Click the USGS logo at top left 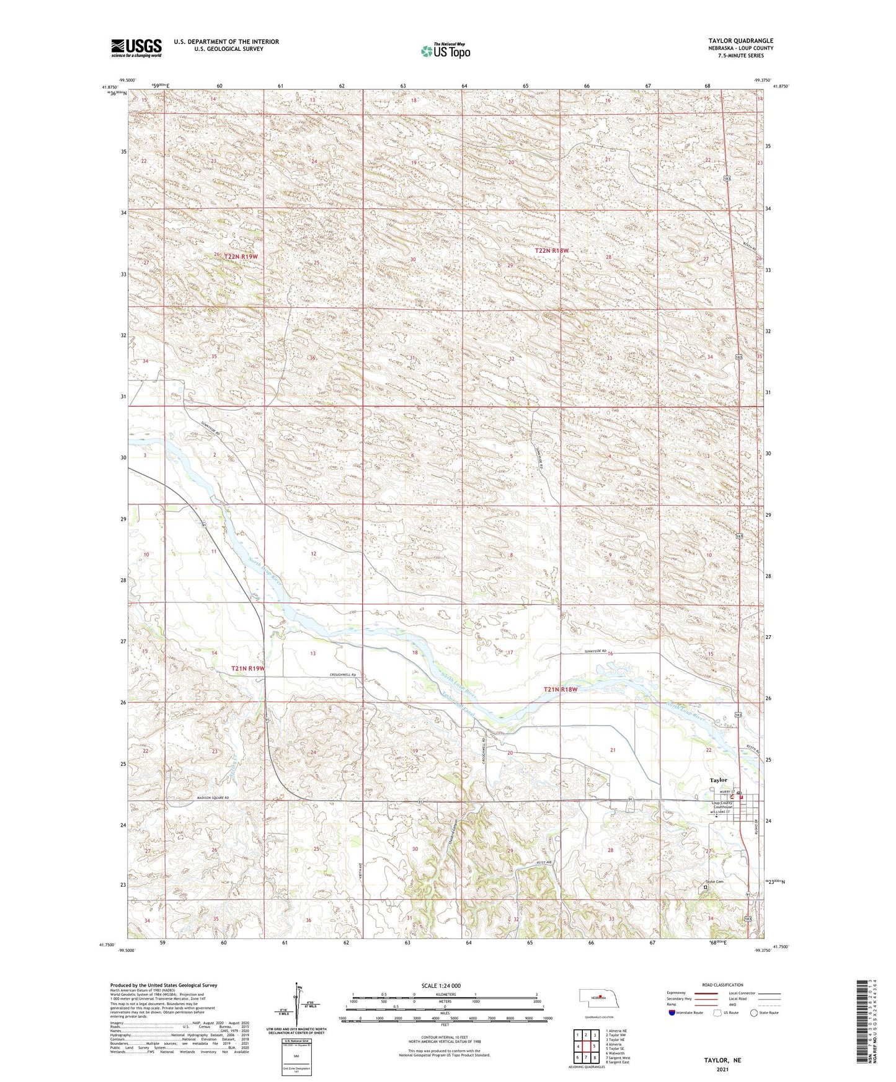coord(136,48)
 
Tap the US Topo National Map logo coord(445,51)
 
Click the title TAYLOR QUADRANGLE coord(740,41)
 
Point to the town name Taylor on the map coord(718,780)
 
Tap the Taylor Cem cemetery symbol coord(705,887)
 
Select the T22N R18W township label coord(551,250)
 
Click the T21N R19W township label coord(248,669)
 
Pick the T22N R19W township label coord(241,256)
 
